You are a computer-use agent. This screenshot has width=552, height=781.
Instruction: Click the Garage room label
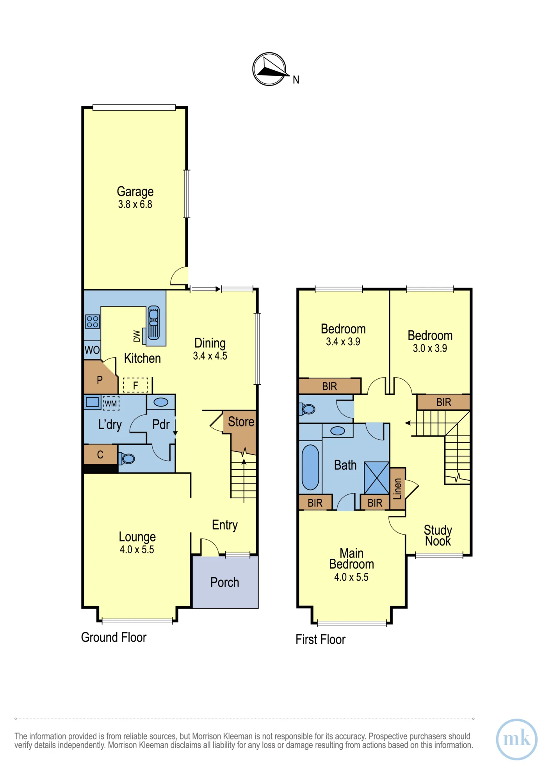(135, 191)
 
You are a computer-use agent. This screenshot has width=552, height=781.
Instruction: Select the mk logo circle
(516, 739)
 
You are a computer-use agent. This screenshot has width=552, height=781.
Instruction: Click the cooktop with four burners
(93, 322)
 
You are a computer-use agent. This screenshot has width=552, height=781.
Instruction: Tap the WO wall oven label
(92, 350)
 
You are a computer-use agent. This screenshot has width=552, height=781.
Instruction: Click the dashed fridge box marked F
(135, 385)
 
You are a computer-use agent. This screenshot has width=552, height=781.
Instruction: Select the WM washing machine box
(111, 403)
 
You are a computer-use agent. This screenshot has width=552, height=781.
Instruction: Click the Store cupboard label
(241, 422)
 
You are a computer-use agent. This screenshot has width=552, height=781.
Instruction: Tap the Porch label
(224, 582)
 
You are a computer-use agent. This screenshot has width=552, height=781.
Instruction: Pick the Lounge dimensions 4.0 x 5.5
(137, 549)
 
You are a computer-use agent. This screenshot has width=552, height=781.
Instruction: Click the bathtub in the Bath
(310, 467)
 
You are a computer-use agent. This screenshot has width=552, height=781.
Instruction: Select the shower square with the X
(377, 478)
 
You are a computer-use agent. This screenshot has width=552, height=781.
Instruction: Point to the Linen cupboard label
(397, 489)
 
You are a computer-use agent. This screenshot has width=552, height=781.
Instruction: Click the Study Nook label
(438, 535)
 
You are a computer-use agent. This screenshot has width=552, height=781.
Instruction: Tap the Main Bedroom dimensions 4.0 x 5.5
(351, 577)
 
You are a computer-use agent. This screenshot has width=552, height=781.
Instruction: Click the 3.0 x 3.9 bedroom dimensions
(430, 348)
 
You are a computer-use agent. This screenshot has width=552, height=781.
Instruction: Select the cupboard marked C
(101, 454)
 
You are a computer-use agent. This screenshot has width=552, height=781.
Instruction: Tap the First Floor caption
(320, 640)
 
